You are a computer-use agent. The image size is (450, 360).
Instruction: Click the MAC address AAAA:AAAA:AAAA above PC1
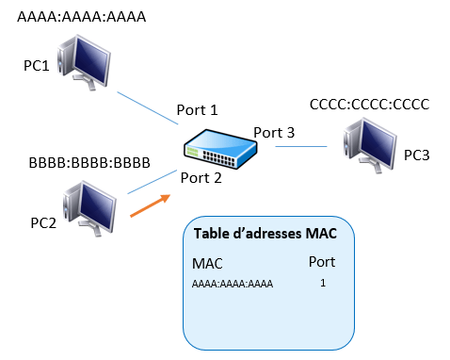[x=82, y=17]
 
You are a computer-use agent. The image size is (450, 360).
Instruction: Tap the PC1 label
[x=37, y=66]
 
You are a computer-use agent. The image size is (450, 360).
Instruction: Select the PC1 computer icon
[x=84, y=62]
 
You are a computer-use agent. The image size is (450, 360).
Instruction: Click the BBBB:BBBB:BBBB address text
[x=89, y=163]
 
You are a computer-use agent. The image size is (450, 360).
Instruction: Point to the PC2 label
[x=43, y=223]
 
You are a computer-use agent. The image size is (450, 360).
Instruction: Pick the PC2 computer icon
[x=89, y=208]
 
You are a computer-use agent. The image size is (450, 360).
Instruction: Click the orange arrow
[x=151, y=205]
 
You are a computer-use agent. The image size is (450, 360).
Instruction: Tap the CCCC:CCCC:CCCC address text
[x=369, y=105]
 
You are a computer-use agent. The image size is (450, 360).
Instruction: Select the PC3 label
[x=417, y=155]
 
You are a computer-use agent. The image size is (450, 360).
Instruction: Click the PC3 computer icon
[x=370, y=145]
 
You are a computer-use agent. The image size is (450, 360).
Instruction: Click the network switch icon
[x=220, y=149]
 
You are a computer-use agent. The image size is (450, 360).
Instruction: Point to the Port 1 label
[x=197, y=110]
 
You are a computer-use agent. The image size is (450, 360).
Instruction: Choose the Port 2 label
[x=201, y=178]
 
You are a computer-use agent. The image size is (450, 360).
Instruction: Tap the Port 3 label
[x=274, y=133]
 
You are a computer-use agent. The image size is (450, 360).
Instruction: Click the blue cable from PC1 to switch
[x=148, y=108]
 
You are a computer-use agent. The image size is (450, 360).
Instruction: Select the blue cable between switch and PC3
[x=301, y=146]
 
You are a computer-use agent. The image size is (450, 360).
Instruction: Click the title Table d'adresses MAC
[x=265, y=234]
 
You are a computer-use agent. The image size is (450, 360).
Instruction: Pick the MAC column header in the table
[x=207, y=264]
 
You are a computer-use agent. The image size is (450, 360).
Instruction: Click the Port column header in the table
[x=322, y=262]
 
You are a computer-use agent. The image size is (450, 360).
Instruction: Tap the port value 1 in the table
[x=323, y=283]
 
